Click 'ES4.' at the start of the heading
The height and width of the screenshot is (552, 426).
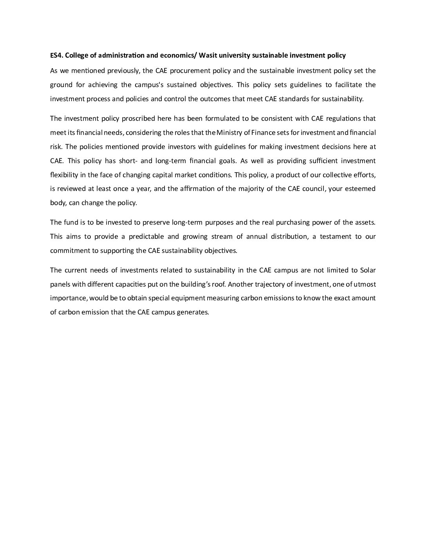(57, 55)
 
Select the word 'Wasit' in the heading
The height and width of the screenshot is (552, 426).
(208, 55)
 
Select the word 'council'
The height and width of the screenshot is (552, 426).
(313, 189)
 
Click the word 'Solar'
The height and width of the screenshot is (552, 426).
(368, 270)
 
